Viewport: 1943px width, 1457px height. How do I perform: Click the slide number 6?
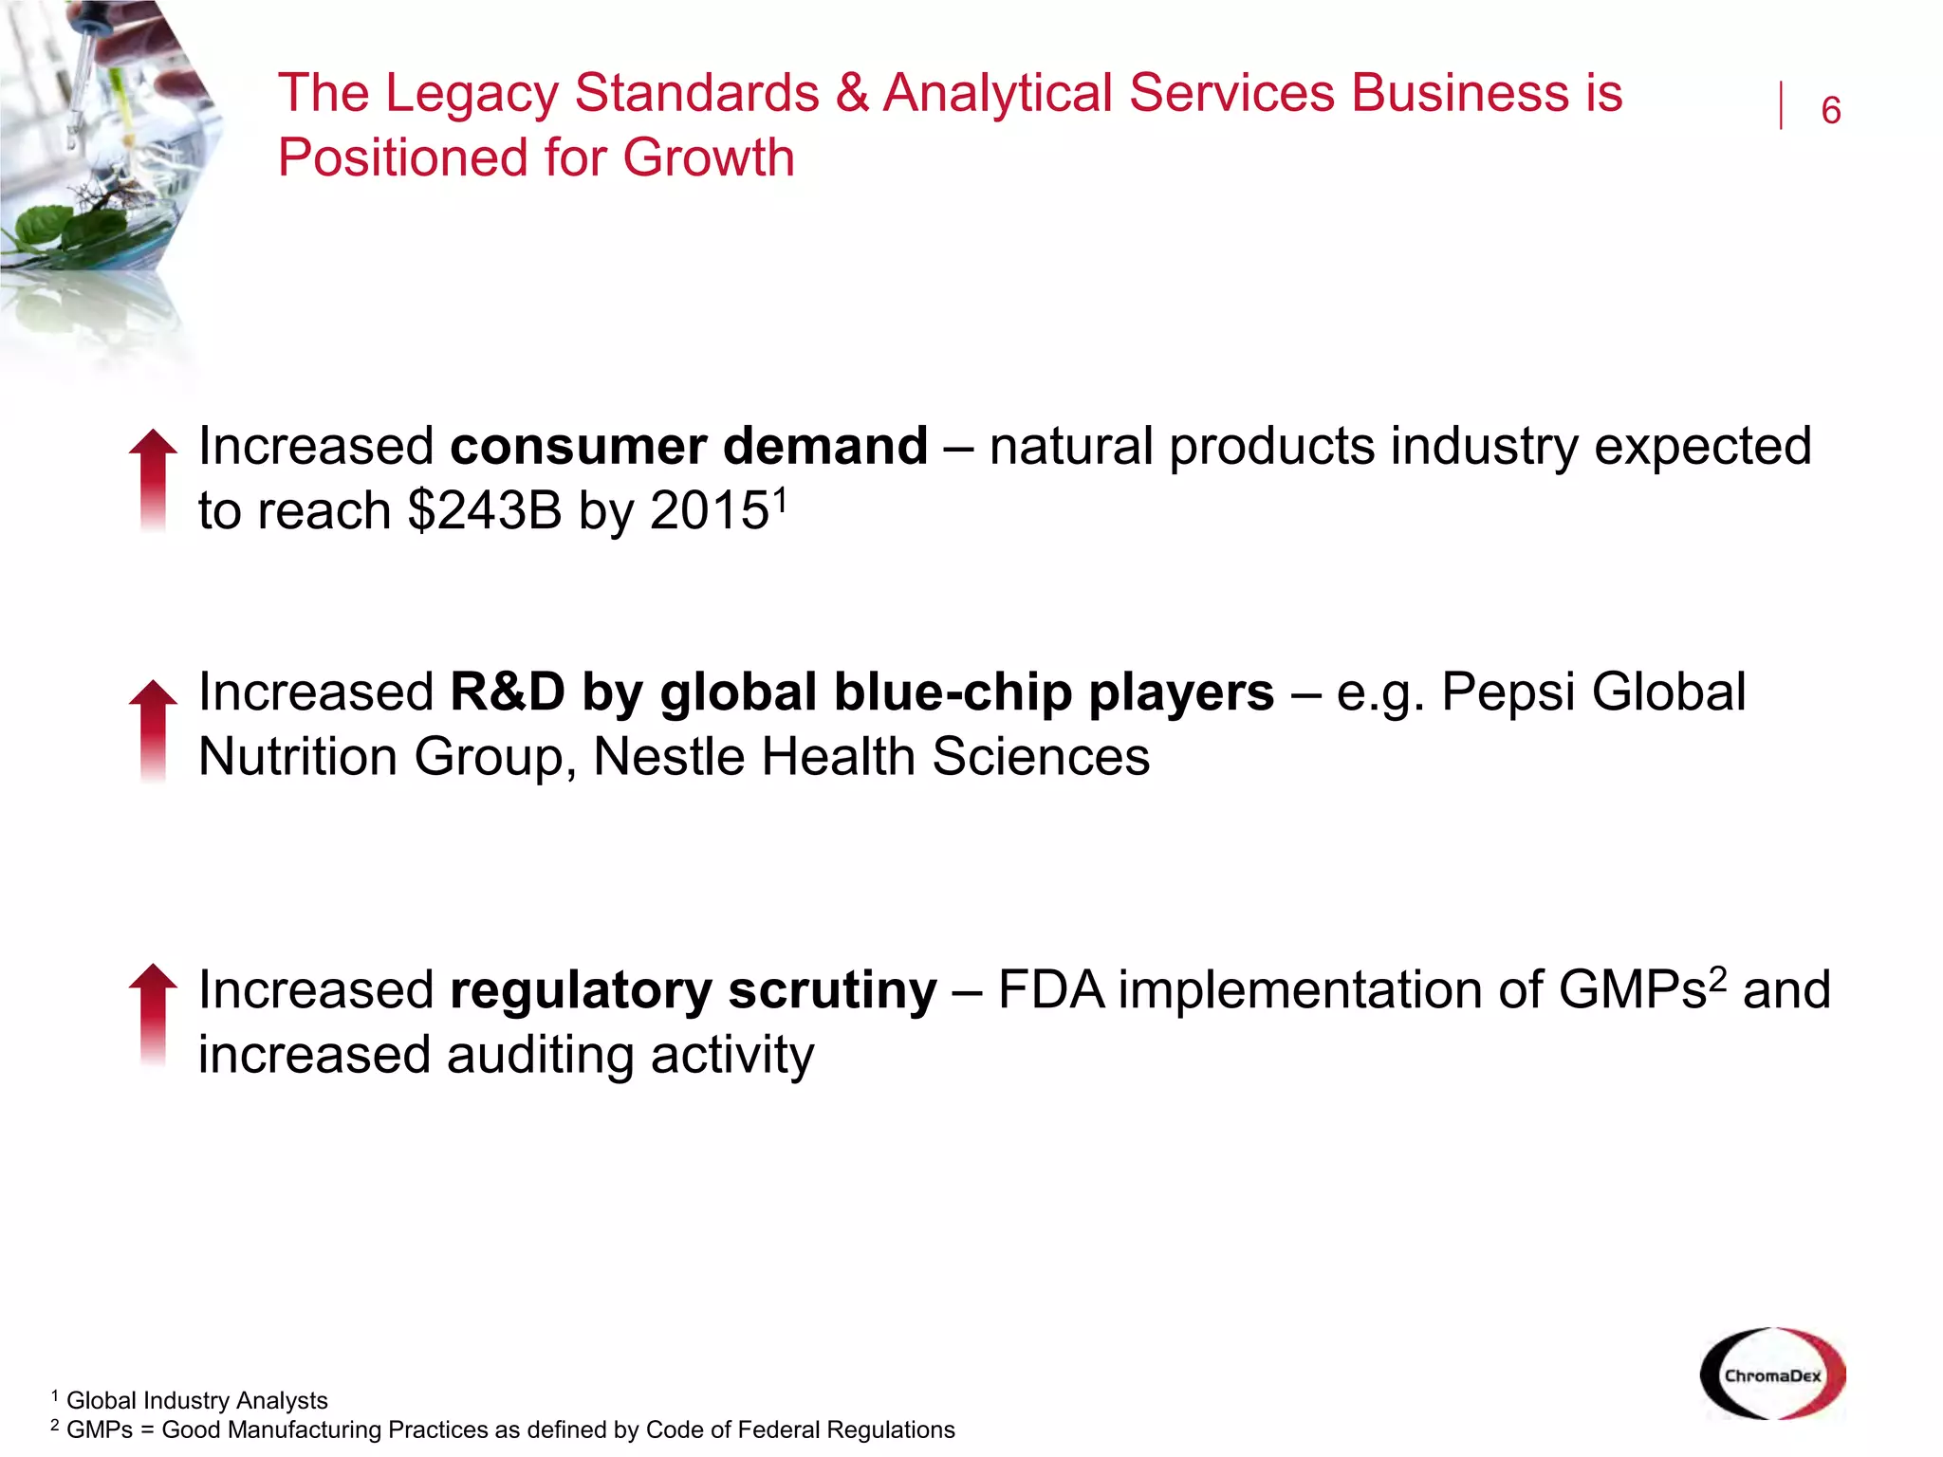pos(1830,111)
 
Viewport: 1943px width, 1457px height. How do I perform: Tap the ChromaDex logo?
pos(1772,1374)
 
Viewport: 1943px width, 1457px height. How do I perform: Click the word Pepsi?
pos(1508,692)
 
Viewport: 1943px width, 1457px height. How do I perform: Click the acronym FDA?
pos(1050,990)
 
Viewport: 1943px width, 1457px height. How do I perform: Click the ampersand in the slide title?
pos(852,93)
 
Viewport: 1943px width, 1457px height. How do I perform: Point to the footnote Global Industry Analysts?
pos(196,1400)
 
